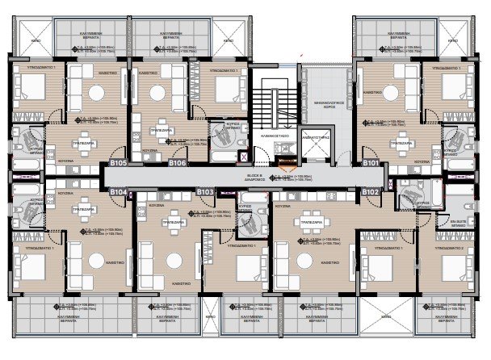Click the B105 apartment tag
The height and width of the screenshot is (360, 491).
[x=119, y=164]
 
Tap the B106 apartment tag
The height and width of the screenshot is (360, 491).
[x=178, y=164]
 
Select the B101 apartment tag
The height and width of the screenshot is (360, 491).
[x=371, y=164]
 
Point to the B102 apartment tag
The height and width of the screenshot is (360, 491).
[x=371, y=192]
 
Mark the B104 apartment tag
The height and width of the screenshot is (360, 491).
[x=119, y=192]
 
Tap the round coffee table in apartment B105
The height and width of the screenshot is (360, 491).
[x=95, y=94]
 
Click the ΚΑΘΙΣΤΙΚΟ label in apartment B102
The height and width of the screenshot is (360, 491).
[x=328, y=262]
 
